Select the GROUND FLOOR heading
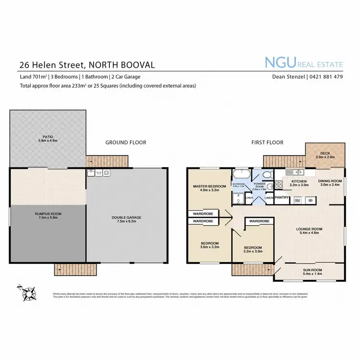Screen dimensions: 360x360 126,143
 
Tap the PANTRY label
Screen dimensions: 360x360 282,197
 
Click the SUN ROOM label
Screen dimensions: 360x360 309,271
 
